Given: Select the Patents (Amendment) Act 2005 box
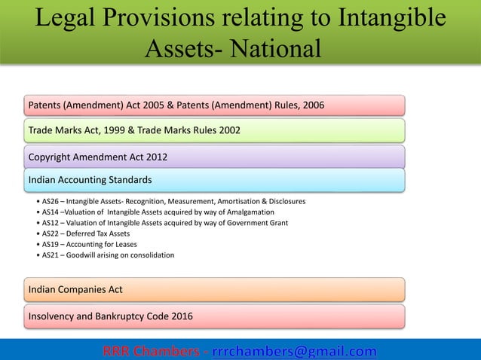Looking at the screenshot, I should tap(216, 105).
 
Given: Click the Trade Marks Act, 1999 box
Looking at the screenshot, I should tap(216, 130).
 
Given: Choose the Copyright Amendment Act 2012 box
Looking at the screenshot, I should tap(216, 157).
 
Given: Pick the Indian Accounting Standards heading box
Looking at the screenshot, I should tap(216, 181).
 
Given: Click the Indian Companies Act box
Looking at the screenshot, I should tap(216, 289).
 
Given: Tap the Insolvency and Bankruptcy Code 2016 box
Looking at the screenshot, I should tap(216, 316).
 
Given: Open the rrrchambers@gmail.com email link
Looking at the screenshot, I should tap(294, 351).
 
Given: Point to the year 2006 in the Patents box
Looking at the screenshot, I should tap(312, 105).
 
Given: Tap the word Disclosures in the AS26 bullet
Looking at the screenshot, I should tap(285, 202).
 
